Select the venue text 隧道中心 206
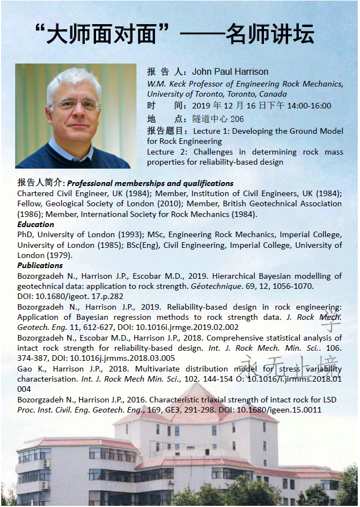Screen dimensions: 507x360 point(218,119)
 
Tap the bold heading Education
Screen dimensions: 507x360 point(36,224)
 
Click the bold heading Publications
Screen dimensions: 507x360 point(40,265)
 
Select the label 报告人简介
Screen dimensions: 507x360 point(41,183)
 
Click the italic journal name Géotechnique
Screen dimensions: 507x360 point(214,287)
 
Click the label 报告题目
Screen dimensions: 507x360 point(164,131)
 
